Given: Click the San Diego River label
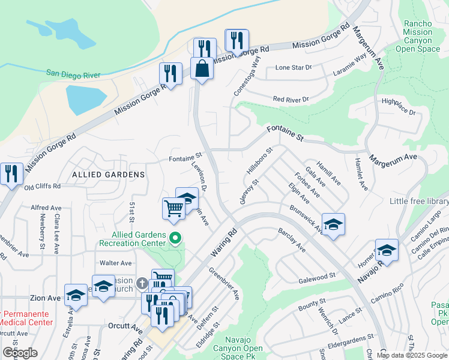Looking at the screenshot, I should (x=74, y=73).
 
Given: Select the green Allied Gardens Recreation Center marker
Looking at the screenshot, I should (x=175, y=239).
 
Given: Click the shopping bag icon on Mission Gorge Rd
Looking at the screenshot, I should (x=202, y=68).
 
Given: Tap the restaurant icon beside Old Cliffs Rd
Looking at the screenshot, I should (x=11, y=173).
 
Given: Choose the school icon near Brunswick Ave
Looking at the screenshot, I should (x=333, y=224).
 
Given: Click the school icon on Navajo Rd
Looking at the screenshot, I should (x=387, y=251).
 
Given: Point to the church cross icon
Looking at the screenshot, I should (x=142, y=283).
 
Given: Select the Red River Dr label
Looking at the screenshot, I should (x=290, y=99).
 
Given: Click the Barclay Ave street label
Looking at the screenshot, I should (x=292, y=240).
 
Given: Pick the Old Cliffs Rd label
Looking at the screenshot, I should (x=43, y=187).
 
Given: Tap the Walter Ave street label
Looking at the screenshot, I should (x=115, y=263).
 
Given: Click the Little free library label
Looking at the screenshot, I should (x=418, y=201).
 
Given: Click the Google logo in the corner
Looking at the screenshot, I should (x=20, y=353).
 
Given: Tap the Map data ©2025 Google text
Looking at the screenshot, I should (x=412, y=355).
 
